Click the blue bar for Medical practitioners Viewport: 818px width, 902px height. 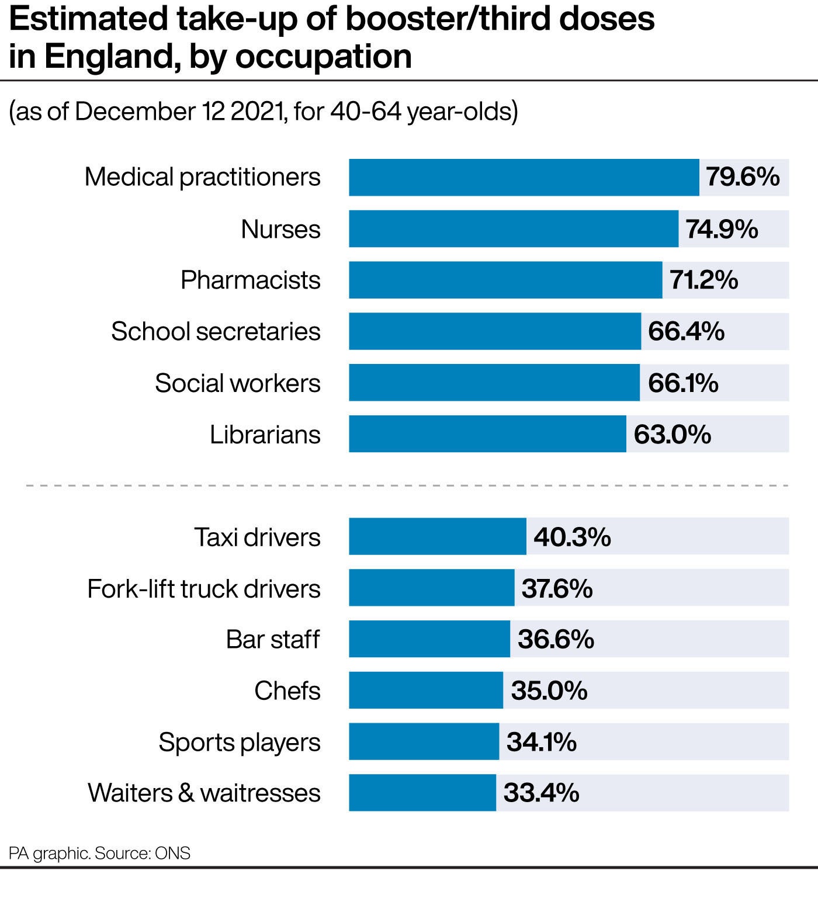click(524, 177)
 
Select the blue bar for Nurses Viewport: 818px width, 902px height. click(514, 229)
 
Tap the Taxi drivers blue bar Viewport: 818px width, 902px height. click(437, 536)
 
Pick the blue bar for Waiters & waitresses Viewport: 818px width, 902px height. click(422, 793)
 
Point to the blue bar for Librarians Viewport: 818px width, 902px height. click(487, 434)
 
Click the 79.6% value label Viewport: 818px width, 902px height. click(743, 176)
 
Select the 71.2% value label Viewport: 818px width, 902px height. click(703, 280)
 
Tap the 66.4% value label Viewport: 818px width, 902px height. click(686, 331)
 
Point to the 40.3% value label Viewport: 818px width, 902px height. click(572, 536)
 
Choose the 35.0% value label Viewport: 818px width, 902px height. click(549, 691)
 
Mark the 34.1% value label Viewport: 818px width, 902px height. click(541, 742)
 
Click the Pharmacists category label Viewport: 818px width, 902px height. click(250, 280)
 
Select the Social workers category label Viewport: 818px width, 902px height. click(237, 383)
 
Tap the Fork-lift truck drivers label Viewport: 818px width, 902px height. click(203, 588)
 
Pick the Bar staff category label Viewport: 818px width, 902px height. click(273, 639)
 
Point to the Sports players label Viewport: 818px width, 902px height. click(239, 743)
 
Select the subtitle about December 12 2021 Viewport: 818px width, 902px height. click(264, 111)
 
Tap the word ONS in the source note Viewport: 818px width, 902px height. click(172, 853)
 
